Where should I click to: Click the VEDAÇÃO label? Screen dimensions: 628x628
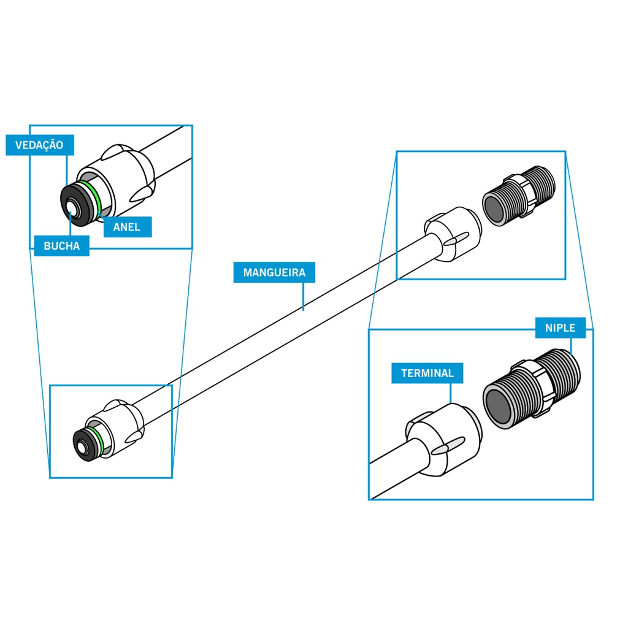point(39,145)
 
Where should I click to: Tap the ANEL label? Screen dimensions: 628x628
point(127,227)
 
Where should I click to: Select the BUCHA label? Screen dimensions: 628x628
point(62,247)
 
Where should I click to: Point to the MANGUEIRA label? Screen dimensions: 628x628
point(274,272)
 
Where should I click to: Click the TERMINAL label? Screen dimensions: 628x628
point(427,373)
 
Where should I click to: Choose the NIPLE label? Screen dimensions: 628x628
point(560,328)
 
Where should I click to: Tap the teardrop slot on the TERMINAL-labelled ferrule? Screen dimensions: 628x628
point(446,448)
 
